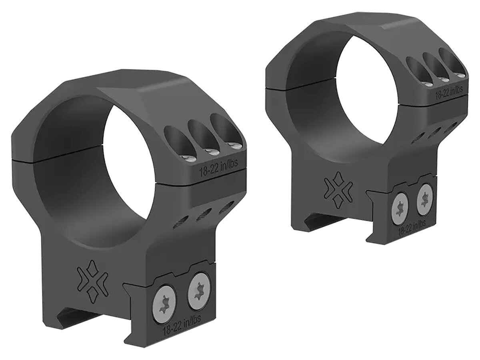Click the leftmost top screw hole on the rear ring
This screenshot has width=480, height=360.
pyautogui.click(x=414, y=70)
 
